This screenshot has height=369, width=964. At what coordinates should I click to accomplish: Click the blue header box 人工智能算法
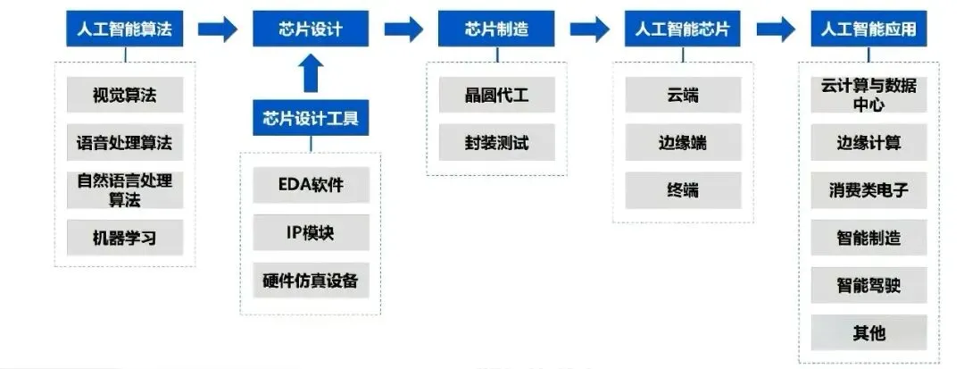tap(125, 29)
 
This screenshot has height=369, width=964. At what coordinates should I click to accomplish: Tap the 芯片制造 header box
tap(496, 29)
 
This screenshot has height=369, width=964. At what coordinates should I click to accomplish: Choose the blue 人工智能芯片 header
tap(682, 29)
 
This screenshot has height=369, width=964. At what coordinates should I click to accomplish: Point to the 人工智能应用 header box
tap(868, 29)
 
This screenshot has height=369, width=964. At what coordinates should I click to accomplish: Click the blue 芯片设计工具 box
tap(311, 118)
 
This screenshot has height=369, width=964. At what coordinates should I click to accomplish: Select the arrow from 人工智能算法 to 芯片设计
tap(218, 29)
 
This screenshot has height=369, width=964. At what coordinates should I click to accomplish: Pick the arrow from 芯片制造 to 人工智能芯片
tap(589, 29)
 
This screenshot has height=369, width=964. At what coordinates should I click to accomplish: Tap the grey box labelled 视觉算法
tap(125, 95)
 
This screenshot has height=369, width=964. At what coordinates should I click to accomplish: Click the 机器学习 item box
tap(125, 238)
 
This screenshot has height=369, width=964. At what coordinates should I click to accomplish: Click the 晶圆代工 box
tap(497, 95)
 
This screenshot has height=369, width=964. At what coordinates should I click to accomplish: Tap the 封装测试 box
tap(497, 142)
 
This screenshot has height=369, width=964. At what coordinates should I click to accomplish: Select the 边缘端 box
tap(683, 142)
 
